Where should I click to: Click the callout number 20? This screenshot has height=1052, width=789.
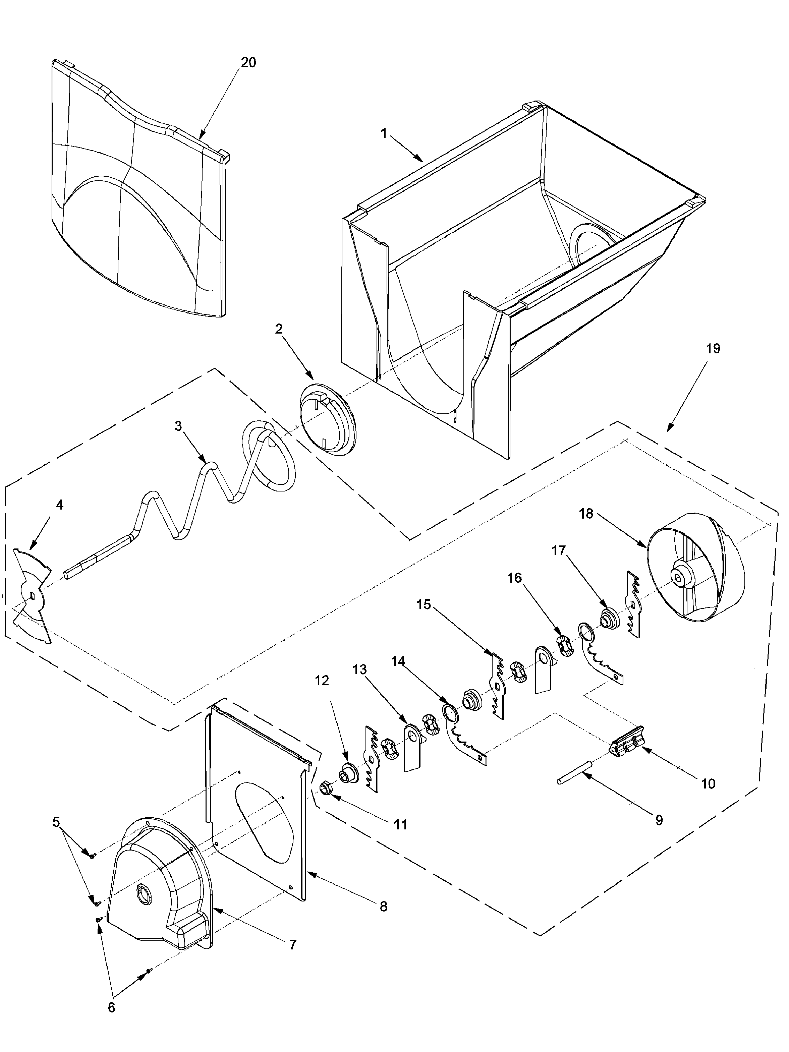[248, 62]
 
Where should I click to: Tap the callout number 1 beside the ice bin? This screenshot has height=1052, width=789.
[384, 134]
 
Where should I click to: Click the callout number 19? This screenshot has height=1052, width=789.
[713, 349]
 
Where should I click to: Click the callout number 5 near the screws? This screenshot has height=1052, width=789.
[56, 822]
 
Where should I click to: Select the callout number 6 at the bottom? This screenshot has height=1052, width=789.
[111, 1020]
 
